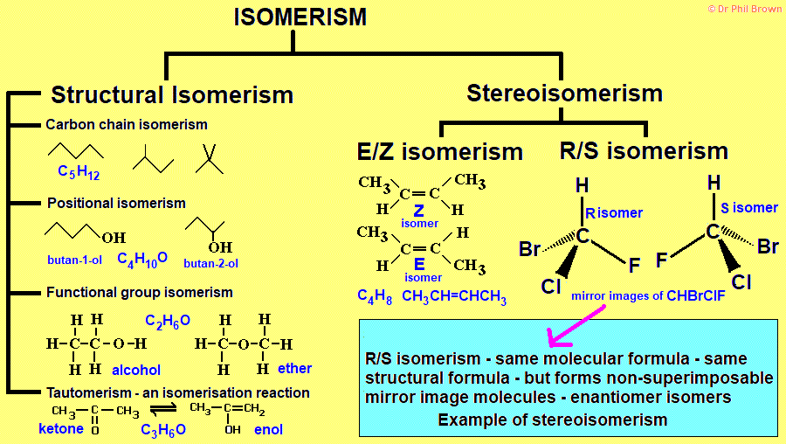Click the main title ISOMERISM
tap(300, 17)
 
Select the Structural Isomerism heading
tap(172, 94)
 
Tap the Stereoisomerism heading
tap(564, 93)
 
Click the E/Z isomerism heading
tap(440, 151)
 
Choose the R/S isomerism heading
tap(644, 151)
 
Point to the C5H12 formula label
tap(79, 172)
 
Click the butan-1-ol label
tap(76, 260)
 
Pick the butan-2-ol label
tap(210, 262)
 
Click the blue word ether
tap(294, 369)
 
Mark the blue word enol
tap(268, 430)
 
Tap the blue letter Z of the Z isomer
tap(419, 211)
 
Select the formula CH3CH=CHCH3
tap(454, 296)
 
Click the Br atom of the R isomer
tap(530, 250)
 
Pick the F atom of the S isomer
tap(661, 260)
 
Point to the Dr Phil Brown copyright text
tap(744, 8)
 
